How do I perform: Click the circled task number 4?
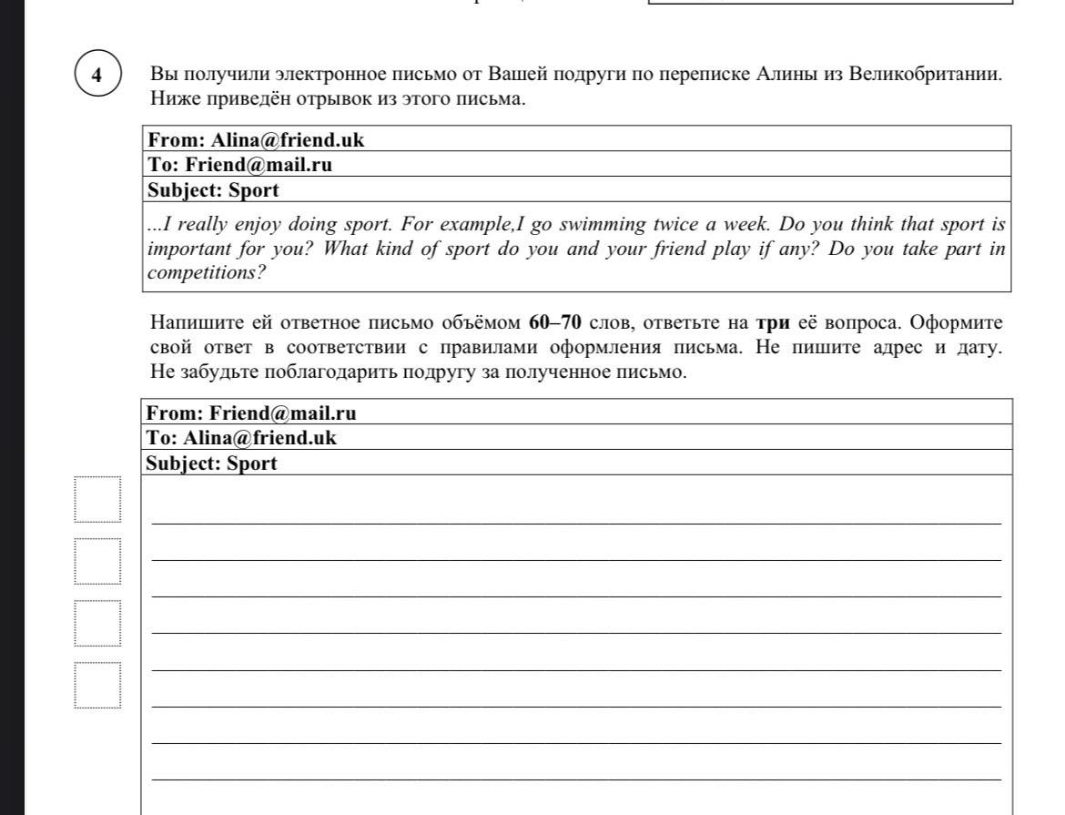pos(96,75)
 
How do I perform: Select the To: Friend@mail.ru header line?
pos(240,165)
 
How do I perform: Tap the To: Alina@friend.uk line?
pos(242,437)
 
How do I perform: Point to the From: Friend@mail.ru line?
pos(252,413)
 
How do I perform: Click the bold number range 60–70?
pos(554,323)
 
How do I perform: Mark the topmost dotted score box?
pos(97,500)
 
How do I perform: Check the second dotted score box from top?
pos(97,561)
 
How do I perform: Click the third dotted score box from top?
pos(97,623)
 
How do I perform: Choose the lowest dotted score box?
pos(97,685)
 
